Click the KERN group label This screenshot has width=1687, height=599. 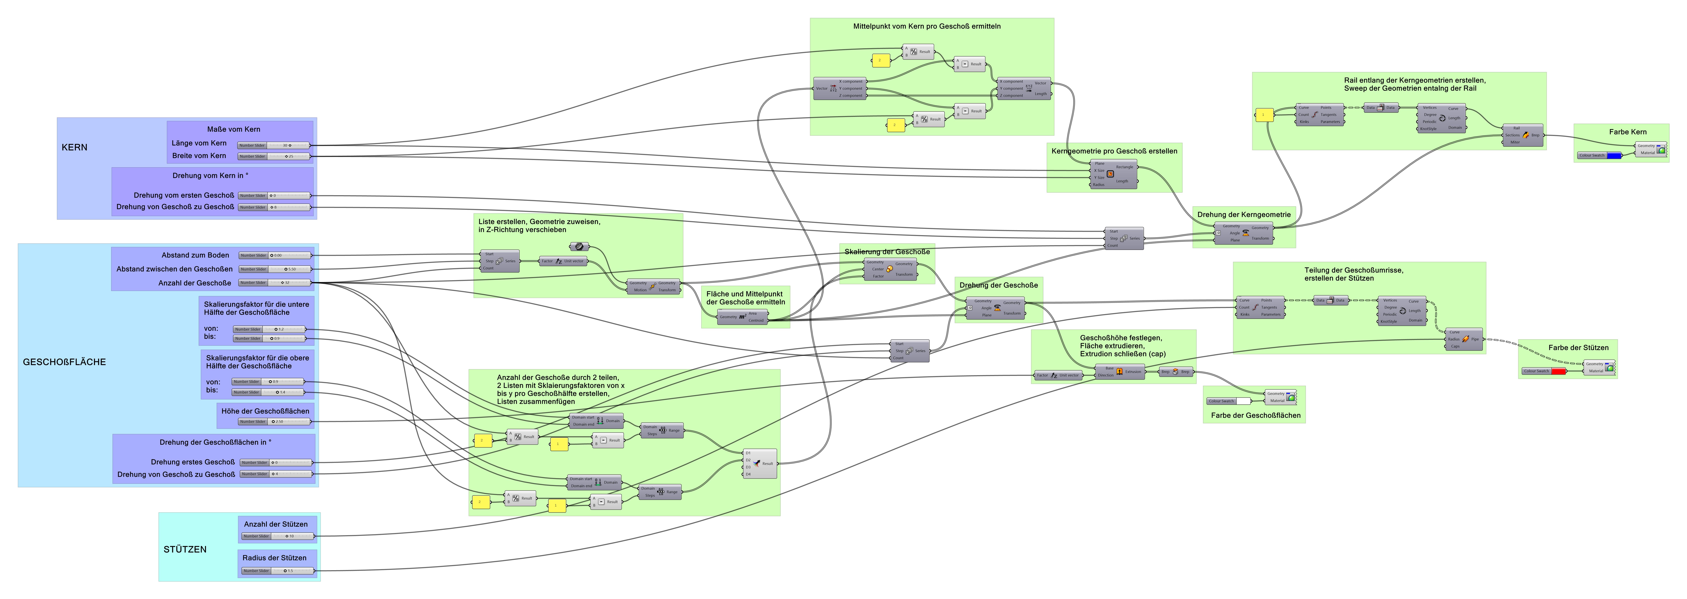74,147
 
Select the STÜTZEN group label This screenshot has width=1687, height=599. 185,549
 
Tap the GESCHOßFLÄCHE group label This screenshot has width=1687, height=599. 64,362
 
